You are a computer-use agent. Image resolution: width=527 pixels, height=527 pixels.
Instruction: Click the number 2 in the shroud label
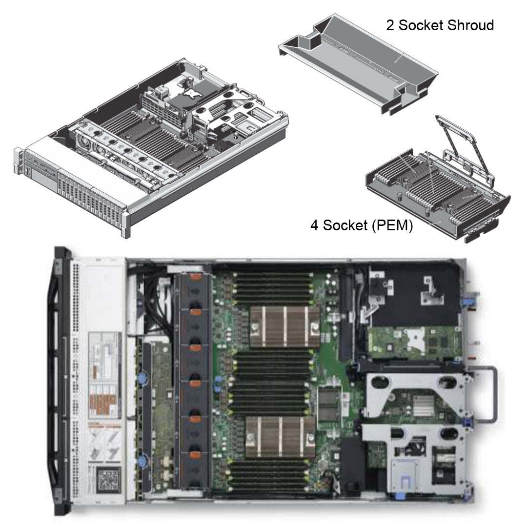coord(390,25)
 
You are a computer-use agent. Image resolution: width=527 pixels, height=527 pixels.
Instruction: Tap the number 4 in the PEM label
coord(315,226)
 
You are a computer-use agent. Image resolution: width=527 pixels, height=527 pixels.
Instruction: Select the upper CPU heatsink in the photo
coord(285,324)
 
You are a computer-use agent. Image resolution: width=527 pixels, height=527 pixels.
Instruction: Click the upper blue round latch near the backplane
coord(143,379)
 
